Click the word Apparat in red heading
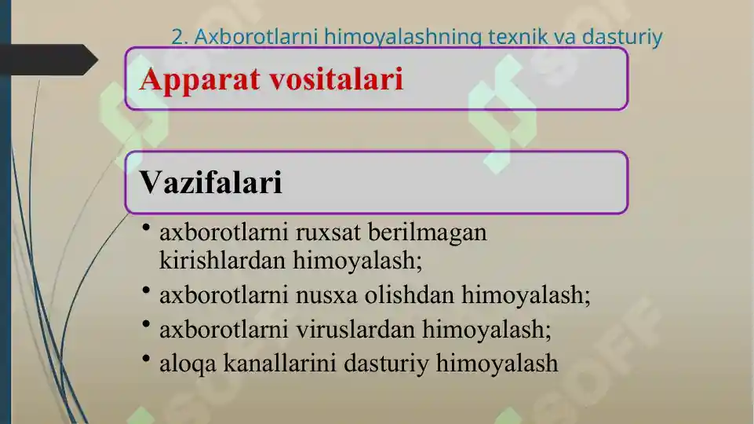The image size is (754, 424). point(199,80)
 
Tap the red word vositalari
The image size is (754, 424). point(336,79)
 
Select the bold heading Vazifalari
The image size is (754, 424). point(210,182)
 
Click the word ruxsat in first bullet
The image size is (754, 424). point(328,232)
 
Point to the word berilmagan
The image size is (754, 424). point(428,233)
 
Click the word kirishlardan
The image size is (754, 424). point(223,261)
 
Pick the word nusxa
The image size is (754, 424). point(326,295)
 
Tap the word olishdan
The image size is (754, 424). point(410,294)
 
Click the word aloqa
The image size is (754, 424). point(188,364)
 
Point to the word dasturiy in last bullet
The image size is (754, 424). point(386,364)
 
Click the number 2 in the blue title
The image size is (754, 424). point(178,37)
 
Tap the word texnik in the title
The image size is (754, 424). point(517,37)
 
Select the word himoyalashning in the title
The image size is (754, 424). point(403,38)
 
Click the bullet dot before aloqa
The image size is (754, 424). point(146,358)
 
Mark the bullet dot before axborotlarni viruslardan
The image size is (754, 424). point(146,324)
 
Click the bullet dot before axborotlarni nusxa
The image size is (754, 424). point(146,290)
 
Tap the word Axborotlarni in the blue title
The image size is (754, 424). point(256,37)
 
